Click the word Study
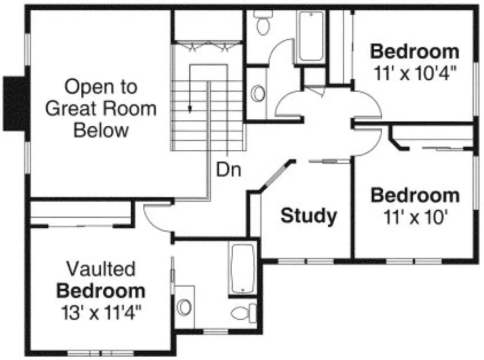[x=308, y=216]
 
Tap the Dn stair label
[x=229, y=169]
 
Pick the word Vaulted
[x=101, y=269]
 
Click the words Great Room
[x=100, y=108]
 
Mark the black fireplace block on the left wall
[x=15, y=103]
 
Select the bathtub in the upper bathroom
[x=311, y=36]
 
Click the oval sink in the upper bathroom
[x=258, y=93]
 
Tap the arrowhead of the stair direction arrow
[x=190, y=108]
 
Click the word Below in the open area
[x=101, y=131]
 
